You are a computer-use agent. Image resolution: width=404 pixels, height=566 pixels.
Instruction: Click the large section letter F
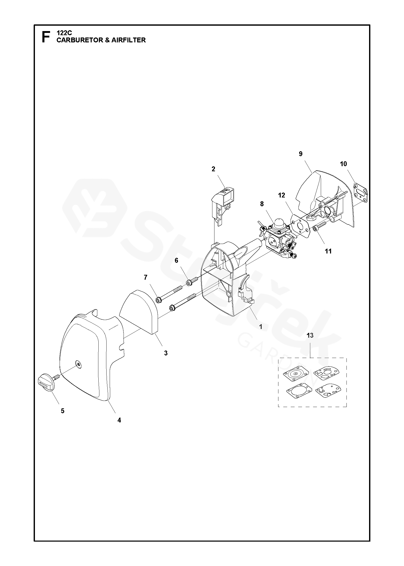46,37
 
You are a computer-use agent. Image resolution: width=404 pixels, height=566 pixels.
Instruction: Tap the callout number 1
261,327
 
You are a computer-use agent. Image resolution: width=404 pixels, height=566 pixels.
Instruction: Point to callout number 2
213,169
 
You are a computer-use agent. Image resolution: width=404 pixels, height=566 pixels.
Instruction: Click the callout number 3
166,353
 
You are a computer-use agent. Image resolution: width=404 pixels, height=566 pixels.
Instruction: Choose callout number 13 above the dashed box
310,336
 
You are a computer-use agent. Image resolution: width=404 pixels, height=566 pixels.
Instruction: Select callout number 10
343,164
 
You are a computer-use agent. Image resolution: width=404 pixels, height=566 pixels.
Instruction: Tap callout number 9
300,154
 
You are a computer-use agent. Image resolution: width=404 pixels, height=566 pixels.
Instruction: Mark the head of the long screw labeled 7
159,300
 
